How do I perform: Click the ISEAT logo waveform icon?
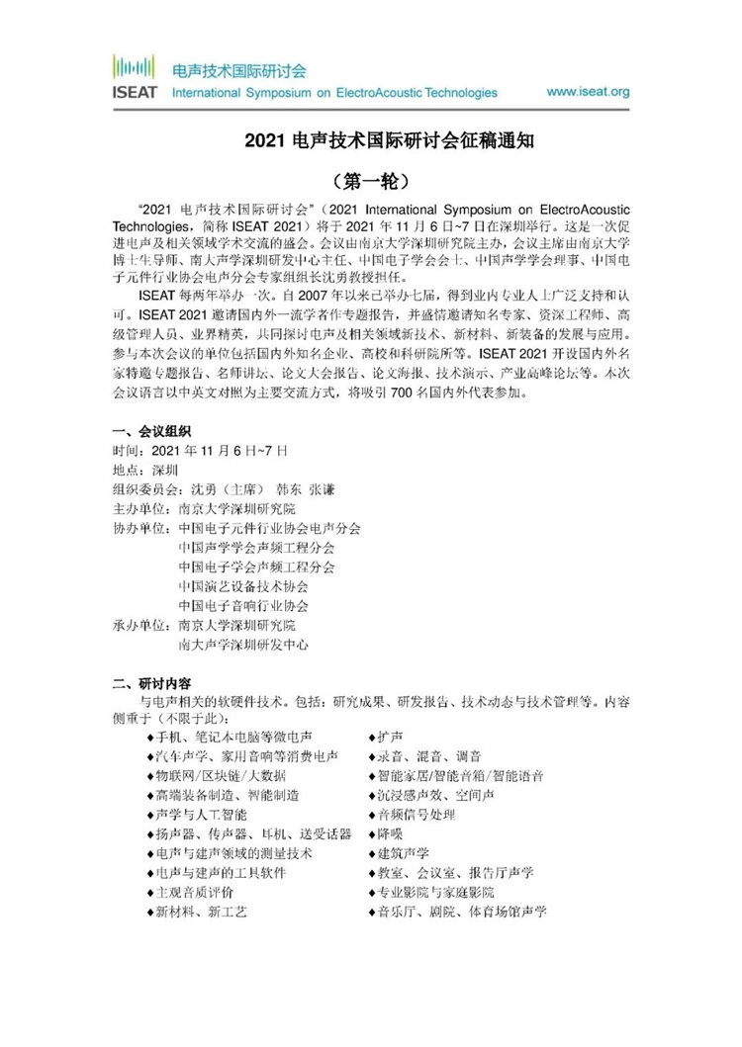(x=133, y=68)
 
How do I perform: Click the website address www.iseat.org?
(x=588, y=92)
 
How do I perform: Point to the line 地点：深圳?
(x=147, y=471)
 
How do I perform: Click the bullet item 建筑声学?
(x=400, y=853)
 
